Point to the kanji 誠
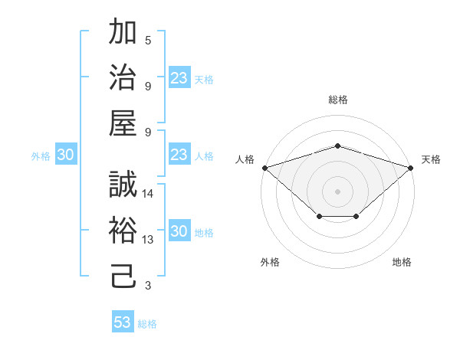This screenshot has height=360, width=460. (x=123, y=185)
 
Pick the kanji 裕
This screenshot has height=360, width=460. (x=123, y=231)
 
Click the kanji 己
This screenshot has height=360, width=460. (x=123, y=277)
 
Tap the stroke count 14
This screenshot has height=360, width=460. (x=148, y=194)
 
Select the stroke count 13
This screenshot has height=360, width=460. (x=148, y=240)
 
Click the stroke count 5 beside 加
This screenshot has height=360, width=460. (x=148, y=41)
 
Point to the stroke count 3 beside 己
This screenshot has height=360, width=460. (x=148, y=286)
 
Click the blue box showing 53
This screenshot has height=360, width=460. (x=123, y=322)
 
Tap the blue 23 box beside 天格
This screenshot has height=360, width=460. (x=179, y=77)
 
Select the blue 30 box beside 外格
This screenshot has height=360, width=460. (x=65, y=155)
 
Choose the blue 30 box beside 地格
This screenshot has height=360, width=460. (x=179, y=232)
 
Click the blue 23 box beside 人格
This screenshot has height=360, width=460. (x=179, y=155)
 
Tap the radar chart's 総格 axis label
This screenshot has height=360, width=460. (x=337, y=100)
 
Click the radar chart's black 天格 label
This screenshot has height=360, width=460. (x=431, y=159)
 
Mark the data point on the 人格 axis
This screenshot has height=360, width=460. (x=264, y=167)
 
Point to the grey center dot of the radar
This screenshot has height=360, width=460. (x=337, y=191)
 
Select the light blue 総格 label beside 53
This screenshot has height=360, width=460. (x=147, y=324)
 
